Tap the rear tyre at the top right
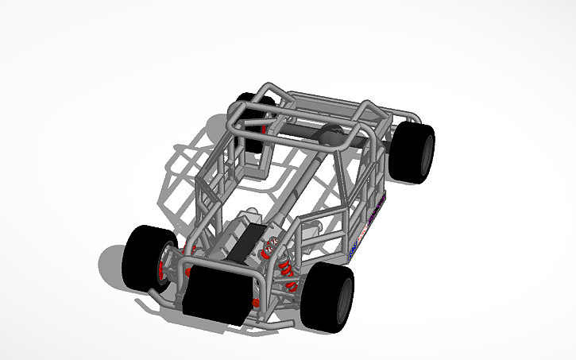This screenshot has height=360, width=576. click(415, 152)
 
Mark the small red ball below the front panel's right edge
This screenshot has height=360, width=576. click(255, 303)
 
